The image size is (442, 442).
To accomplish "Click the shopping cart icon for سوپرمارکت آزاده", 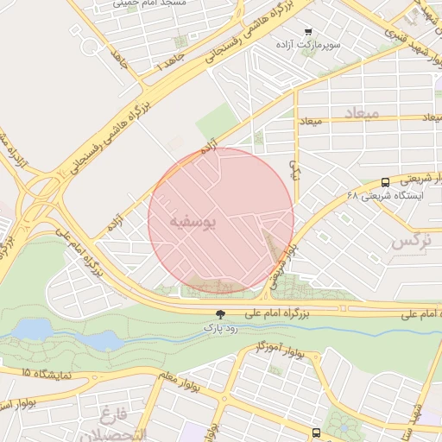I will click(x=308, y=31).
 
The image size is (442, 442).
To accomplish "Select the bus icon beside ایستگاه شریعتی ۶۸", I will click(x=384, y=182).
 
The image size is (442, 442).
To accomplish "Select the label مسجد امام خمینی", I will click(x=143, y=4).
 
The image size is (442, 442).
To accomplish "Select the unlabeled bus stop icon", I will click(x=316, y=432).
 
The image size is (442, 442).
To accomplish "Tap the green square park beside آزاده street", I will click(x=216, y=121).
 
